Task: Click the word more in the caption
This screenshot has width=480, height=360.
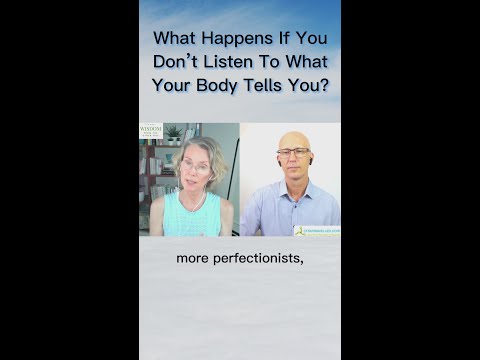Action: coord(194,258)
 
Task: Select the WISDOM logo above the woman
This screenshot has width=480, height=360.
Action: coord(151,130)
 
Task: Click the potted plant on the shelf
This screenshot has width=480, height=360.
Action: coord(174,133)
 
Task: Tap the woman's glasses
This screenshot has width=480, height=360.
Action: coord(195,166)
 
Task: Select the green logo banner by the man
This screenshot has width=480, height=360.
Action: coord(317,230)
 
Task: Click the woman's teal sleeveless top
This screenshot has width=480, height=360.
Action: coord(192,214)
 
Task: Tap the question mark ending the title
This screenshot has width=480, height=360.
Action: coord(323,84)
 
